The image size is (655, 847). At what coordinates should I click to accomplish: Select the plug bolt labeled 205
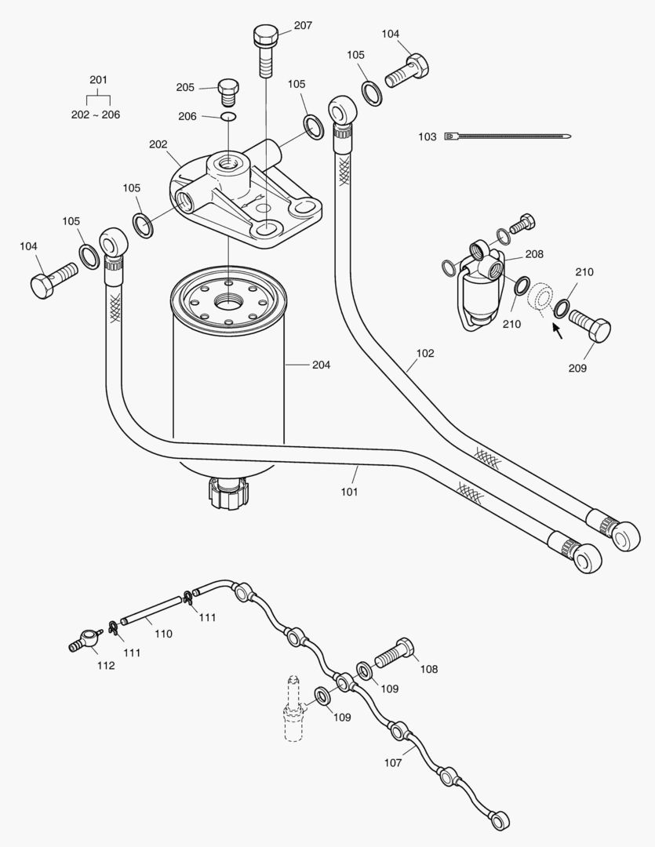[x=228, y=93]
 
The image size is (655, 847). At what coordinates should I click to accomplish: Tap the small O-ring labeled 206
[x=228, y=116]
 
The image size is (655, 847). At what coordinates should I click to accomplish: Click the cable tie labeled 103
[x=508, y=136]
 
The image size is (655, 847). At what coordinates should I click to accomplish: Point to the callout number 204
[x=321, y=365]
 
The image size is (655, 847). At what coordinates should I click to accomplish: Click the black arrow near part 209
[x=557, y=330]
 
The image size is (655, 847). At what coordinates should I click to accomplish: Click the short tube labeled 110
[x=151, y=610]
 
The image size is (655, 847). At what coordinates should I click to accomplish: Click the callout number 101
[x=349, y=492]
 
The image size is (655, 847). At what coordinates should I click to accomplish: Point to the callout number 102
[x=425, y=353]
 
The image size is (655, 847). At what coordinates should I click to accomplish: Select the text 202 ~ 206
[x=96, y=115]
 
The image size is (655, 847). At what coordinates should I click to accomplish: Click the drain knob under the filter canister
[x=229, y=492]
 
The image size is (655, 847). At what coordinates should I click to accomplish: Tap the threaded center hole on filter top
[x=230, y=301]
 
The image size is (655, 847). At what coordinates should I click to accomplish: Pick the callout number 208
[x=534, y=254]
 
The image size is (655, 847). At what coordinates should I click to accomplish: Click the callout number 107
[x=393, y=763]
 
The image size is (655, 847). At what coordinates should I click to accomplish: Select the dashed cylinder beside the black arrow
[x=540, y=300]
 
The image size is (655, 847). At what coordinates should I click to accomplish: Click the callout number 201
[x=98, y=80]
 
